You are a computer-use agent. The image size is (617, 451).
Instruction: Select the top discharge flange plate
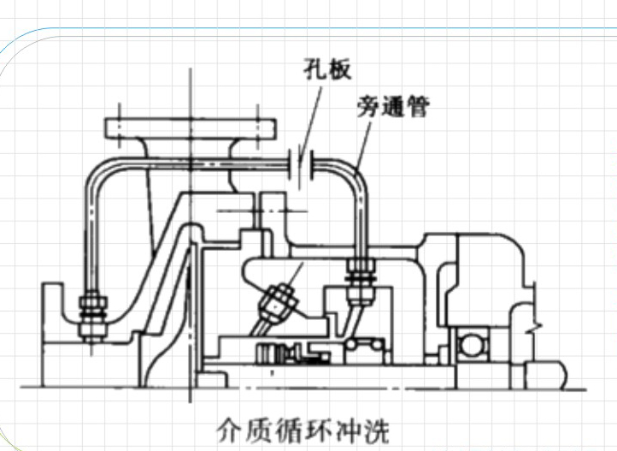[x=189, y=128]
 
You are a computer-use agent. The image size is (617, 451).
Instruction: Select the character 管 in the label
[x=416, y=107]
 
